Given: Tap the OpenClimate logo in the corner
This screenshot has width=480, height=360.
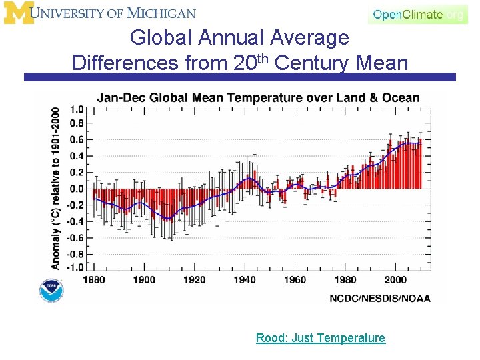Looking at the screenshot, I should click(418, 14).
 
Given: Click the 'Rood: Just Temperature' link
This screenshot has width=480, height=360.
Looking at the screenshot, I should click(320, 338).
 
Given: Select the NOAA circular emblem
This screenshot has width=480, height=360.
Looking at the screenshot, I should click(51, 291).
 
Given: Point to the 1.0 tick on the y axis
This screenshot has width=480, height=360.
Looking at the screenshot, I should click(77, 109).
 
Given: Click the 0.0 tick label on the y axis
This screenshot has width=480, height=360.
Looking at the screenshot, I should click(77, 189).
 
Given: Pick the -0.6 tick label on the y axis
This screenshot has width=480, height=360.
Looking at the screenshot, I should click(75, 238).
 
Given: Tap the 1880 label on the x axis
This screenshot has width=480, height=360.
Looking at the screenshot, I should click(94, 280).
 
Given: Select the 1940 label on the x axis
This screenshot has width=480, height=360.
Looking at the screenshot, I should click(245, 280).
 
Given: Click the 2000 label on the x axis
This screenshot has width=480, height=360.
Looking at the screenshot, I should click(396, 280).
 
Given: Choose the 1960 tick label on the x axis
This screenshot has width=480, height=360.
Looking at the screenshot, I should click(295, 280).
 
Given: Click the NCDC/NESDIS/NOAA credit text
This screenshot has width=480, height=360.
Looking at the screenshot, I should click(380, 299).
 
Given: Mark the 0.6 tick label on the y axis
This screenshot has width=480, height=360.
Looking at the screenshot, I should click(77, 140).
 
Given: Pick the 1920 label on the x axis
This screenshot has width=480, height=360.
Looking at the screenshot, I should click(195, 280).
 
